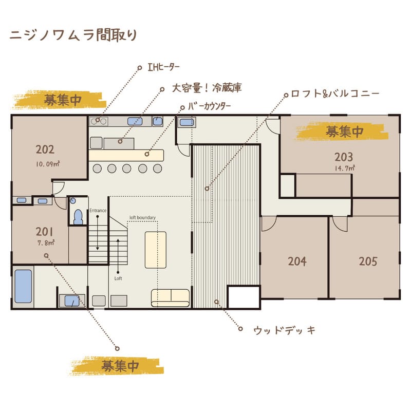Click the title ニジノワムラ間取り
coord(73,35)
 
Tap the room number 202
coord(45,150)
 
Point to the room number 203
coord(344,157)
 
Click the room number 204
coord(297,261)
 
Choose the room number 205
coord(368,261)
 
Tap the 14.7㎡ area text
coord(344,168)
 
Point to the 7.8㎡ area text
coord(45,242)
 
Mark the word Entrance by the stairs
coord(98,211)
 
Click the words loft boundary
coord(142,217)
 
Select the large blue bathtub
coord(23,286)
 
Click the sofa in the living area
coord(170,297)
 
